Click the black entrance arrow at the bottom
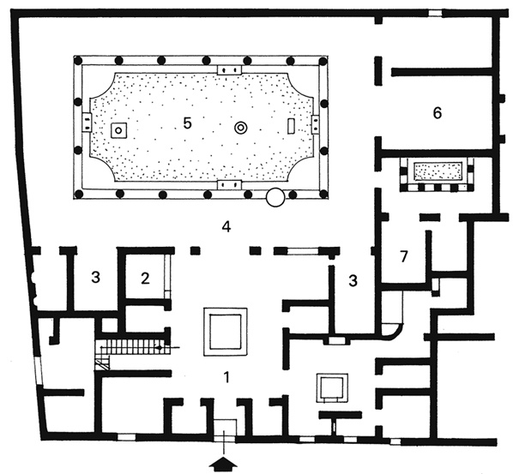click(224, 464)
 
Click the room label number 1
click(226, 377)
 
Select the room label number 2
click(145, 279)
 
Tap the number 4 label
click(226, 226)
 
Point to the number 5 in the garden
click(187, 123)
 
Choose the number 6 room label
click(438, 113)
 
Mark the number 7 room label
click(404, 257)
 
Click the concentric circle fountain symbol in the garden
click(241, 128)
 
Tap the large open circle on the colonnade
click(275, 197)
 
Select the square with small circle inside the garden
click(118, 130)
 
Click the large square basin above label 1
click(225, 332)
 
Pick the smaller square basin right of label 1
click(332, 387)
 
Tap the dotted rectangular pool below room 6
click(437, 171)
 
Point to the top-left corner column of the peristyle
click(78, 61)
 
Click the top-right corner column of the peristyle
click(324, 61)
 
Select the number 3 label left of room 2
click(95, 278)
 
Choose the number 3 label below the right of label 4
click(353, 280)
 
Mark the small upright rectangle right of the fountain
click(291, 126)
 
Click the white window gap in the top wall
click(435, 13)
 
